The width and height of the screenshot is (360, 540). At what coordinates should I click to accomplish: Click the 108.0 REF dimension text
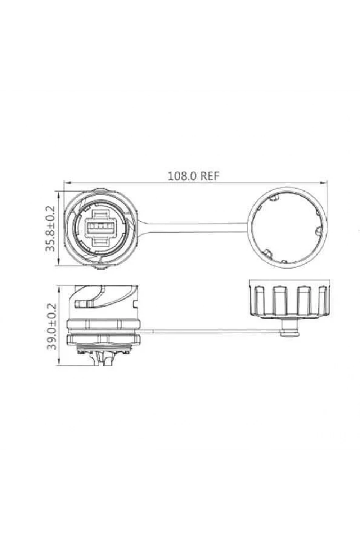(193, 176)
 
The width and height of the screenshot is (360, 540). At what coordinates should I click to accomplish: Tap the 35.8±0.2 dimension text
(50, 228)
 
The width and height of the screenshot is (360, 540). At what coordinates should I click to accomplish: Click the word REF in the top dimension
(210, 176)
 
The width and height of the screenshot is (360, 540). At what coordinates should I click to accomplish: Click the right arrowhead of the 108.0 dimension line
(323, 184)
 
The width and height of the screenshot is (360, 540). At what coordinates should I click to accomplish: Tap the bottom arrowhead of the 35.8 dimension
(59, 262)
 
